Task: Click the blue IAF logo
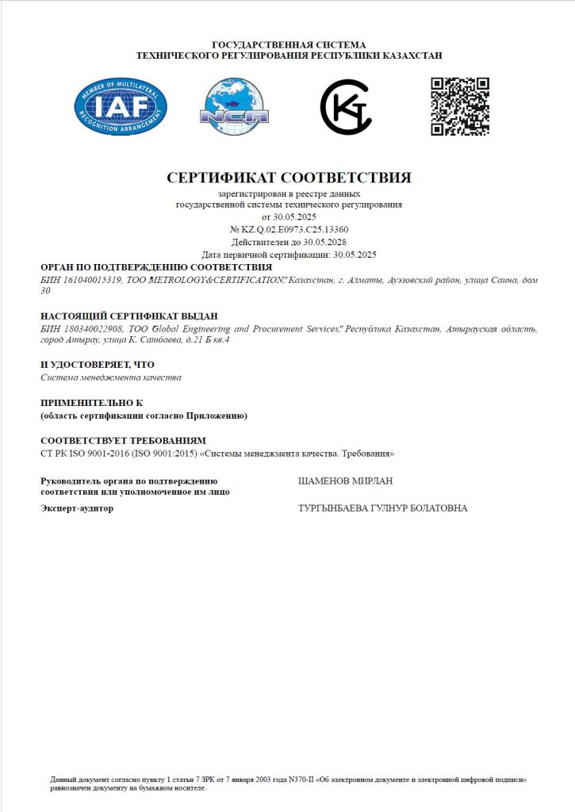pos(121,106)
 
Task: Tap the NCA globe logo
pos(234,106)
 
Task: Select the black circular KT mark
pos(346,107)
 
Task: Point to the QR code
pos(459,106)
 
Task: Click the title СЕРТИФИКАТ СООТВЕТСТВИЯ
pos(289,177)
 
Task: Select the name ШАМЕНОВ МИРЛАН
pos(345,481)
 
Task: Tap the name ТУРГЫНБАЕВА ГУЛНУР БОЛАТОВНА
pos(382,507)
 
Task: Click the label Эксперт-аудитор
pos(76,507)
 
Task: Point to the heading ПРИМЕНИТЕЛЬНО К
pos(91,403)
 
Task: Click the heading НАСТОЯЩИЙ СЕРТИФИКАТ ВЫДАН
pos(128,316)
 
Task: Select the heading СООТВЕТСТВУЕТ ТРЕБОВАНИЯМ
pos(123,440)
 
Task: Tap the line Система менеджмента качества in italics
pos(111,377)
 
